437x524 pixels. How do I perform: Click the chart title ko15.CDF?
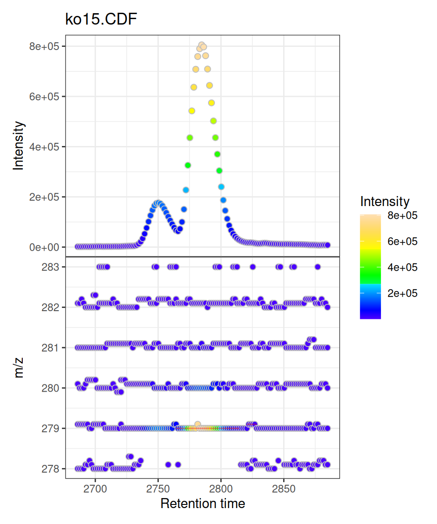pyautogui.click(x=101, y=20)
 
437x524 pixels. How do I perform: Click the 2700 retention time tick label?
pyautogui.click(x=95, y=489)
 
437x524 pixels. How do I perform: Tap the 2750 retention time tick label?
pyautogui.click(x=158, y=489)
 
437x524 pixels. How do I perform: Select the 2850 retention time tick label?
pyautogui.click(x=284, y=489)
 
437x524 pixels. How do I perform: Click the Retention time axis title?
pyautogui.click(x=203, y=504)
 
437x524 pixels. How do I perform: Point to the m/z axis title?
pyautogui.click(x=19, y=368)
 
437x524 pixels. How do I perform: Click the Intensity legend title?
pyautogui.click(x=385, y=202)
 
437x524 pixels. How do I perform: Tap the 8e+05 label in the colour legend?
pyautogui.click(x=402, y=215)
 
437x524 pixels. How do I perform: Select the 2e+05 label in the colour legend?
pyautogui.click(x=402, y=293)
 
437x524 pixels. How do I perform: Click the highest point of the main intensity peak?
pyautogui.click(x=202, y=45)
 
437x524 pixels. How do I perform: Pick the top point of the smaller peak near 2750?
pyautogui.click(x=158, y=203)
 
